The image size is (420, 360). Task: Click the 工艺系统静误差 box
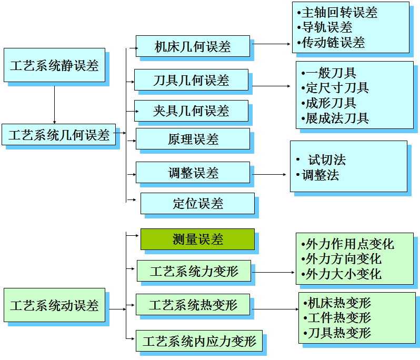54,65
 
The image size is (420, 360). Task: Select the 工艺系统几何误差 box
58,135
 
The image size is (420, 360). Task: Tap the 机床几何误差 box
193,46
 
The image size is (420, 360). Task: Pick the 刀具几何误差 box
191,80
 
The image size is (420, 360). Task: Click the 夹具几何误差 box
191,111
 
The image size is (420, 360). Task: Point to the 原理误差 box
193,139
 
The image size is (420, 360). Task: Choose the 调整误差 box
193,173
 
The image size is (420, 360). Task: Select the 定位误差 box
197,204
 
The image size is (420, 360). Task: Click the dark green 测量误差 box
197,239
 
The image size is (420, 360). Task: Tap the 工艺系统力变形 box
194,271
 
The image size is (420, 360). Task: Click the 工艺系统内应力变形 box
199,341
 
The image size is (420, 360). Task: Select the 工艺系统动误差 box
54,305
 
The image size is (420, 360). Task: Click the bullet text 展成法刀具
337,118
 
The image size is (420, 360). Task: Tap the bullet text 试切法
327,160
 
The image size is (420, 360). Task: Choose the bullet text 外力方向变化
344,259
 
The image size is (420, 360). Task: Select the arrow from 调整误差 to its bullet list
271,174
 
